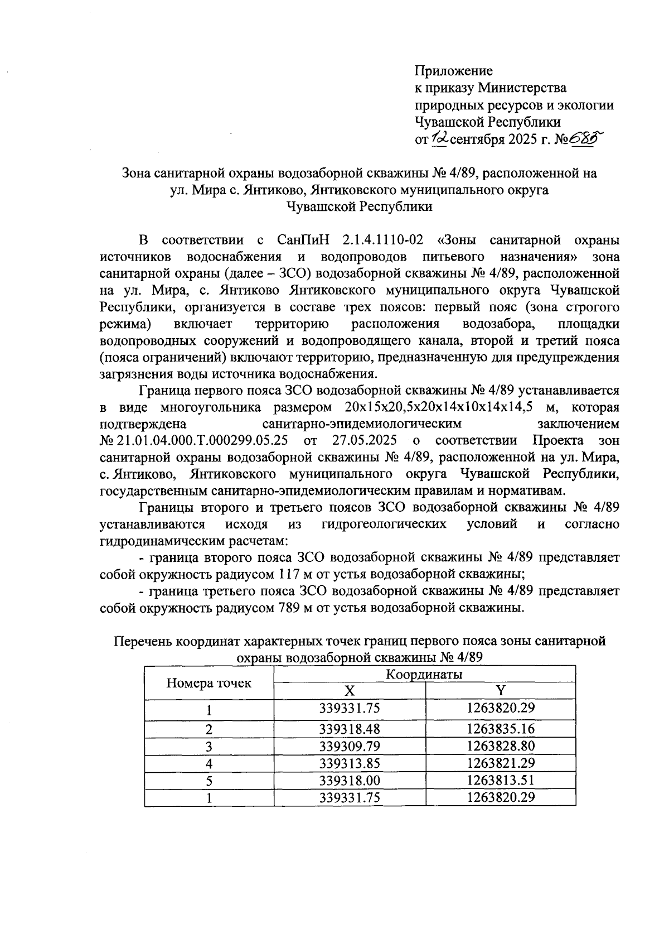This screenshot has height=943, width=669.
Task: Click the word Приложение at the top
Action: click(453, 71)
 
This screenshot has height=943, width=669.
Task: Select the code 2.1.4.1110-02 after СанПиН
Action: click(382, 240)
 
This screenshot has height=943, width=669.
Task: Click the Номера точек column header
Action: click(209, 683)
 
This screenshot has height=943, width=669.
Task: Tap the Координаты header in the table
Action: click(424, 675)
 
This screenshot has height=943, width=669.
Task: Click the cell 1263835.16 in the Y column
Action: click(501, 729)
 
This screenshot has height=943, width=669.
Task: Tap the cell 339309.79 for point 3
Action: click(350, 746)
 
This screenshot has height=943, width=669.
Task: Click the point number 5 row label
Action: click(209, 781)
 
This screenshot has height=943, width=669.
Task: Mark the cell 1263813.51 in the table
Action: click(501, 780)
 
